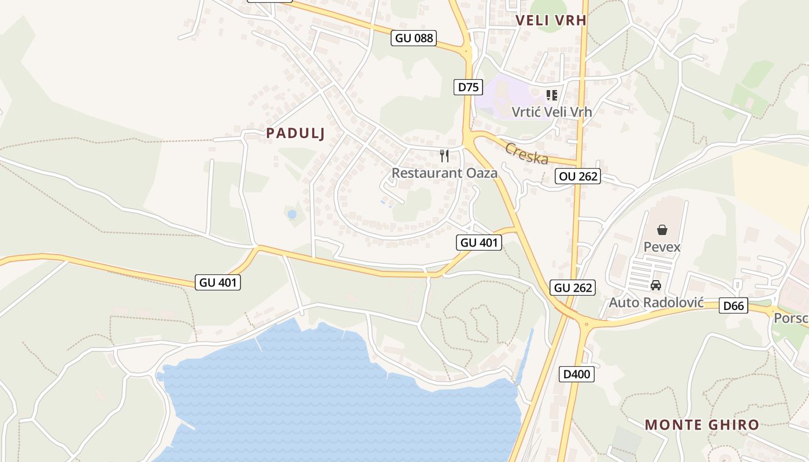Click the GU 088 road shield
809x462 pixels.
coord(414,38)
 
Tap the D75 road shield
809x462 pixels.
coord(467,87)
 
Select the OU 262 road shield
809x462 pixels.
coord(578,176)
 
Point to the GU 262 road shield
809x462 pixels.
coord(573,287)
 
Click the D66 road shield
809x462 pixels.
coord(733,305)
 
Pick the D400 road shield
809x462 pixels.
coord(577,374)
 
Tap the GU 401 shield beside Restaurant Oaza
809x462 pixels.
coord(478,243)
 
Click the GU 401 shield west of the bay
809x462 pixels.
coord(217,282)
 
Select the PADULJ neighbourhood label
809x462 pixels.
coord(295,133)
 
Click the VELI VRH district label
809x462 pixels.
coord(551,20)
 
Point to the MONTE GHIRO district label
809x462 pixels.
coord(702,425)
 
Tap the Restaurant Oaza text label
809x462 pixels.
coord(444,173)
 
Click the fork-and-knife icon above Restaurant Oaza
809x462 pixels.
coord(444,155)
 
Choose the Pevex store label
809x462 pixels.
coord(662,247)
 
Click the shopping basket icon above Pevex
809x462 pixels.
coord(662,230)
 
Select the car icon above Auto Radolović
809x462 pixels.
coord(656,285)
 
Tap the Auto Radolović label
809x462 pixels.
coord(656,302)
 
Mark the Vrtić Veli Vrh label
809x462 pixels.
coord(552,111)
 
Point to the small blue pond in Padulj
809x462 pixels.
coord(292,214)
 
